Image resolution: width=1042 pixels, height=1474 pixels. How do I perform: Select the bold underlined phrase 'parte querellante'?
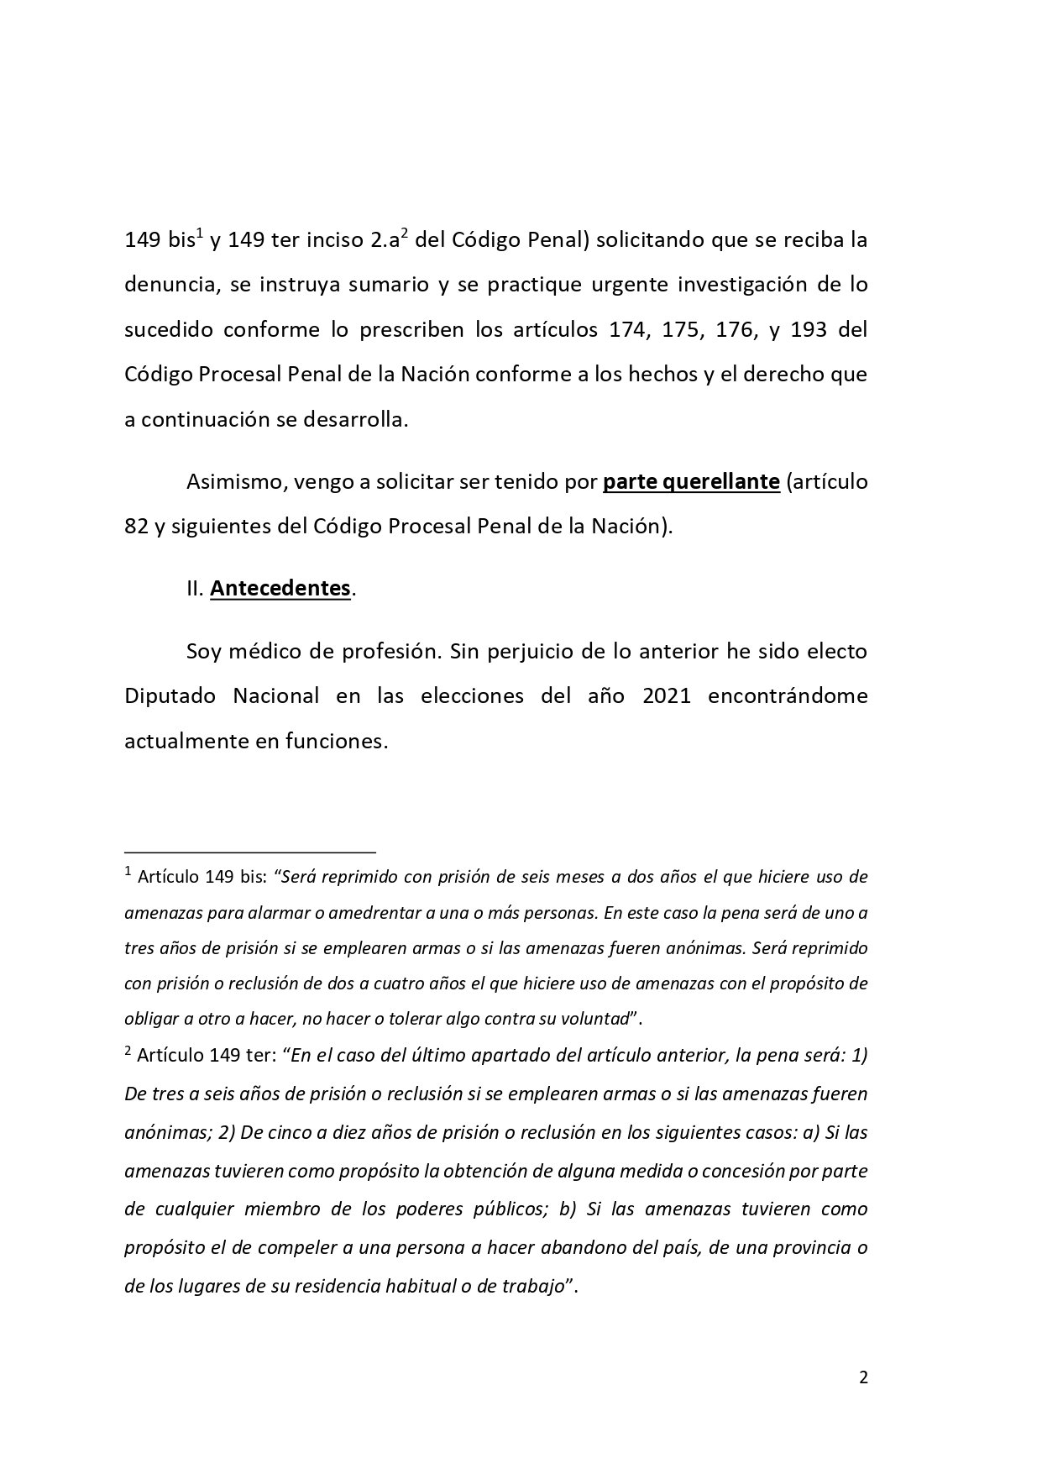click(x=692, y=482)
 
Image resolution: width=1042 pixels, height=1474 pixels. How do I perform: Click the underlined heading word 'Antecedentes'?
click(x=280, y=588)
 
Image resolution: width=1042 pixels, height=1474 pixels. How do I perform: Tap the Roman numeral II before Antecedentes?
click(x=195, y=589)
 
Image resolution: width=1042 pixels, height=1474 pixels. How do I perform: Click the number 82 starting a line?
click(x=136, y=527)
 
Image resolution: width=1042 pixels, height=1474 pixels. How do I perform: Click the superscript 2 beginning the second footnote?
click(x=128, y=1051)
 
